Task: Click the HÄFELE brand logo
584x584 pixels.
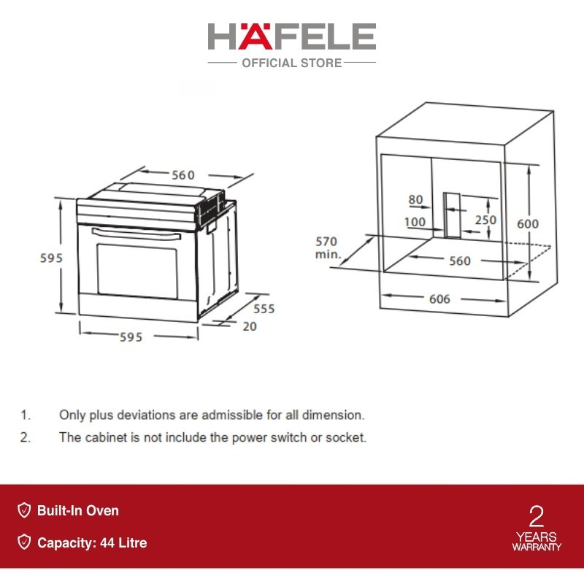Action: [x=291, y=36]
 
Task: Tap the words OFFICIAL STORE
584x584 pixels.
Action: [x=291, y=63]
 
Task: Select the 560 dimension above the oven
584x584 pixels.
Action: [x=183, y=175]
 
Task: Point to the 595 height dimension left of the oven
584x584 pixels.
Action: [x=51, y=258]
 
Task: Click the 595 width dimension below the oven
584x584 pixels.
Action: [x=131, y=337]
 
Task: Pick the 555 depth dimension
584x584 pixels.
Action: [x=264, y=309]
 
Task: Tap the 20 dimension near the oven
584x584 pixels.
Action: [x=250, y=326]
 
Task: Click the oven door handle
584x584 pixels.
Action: [x=136, y=234]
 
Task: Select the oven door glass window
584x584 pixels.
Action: [x=137, y=271]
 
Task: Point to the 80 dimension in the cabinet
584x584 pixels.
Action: [x=415, y=199]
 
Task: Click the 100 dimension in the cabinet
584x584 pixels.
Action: [x=415, y=222]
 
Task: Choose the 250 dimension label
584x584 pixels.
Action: [x=485, y=220]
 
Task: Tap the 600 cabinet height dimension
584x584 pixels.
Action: [x=528, y=223]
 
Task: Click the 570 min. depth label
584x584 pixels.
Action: [x=327, y=247]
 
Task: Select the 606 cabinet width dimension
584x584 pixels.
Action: [x=439, y=299]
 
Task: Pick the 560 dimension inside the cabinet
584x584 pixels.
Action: [x=460, y=261]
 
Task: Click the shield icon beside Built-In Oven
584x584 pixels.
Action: [x=24, y=510]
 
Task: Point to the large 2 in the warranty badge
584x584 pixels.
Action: [x=537, y=516]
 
